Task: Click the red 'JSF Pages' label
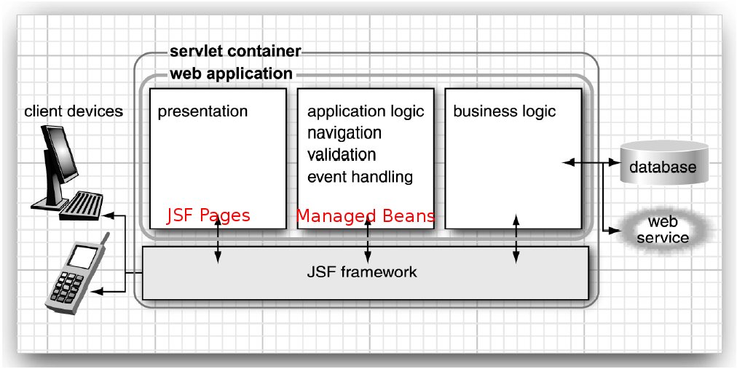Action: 208,215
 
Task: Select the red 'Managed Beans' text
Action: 366,215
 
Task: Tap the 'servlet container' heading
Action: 234,52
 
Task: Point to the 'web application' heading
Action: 231,74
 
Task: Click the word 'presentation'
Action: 202,111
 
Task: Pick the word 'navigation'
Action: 344,133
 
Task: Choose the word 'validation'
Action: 342,155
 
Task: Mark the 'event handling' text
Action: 360,177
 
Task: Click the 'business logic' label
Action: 504,111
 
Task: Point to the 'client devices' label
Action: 74,111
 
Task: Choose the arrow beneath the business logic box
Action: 516,239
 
